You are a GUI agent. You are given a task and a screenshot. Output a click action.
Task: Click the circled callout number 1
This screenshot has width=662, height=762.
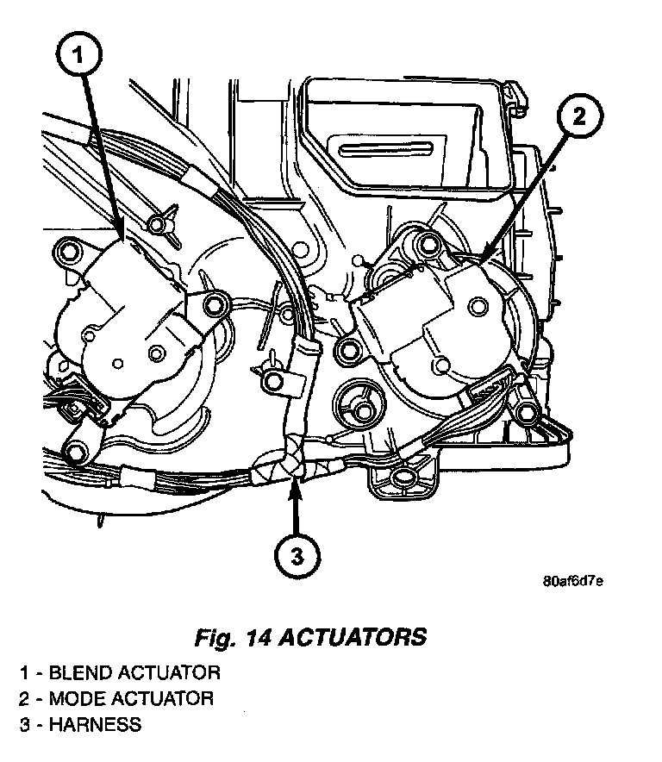tap(78, 57)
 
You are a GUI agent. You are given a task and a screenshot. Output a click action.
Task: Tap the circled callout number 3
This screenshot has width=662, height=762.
tap(297, 557)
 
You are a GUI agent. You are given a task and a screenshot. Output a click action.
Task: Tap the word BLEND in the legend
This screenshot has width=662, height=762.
tap(76, 672)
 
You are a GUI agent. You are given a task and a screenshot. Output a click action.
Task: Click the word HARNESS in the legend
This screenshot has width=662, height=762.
tap(95, 725)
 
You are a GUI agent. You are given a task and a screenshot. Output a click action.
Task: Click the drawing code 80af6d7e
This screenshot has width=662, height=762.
tap(572, 579)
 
